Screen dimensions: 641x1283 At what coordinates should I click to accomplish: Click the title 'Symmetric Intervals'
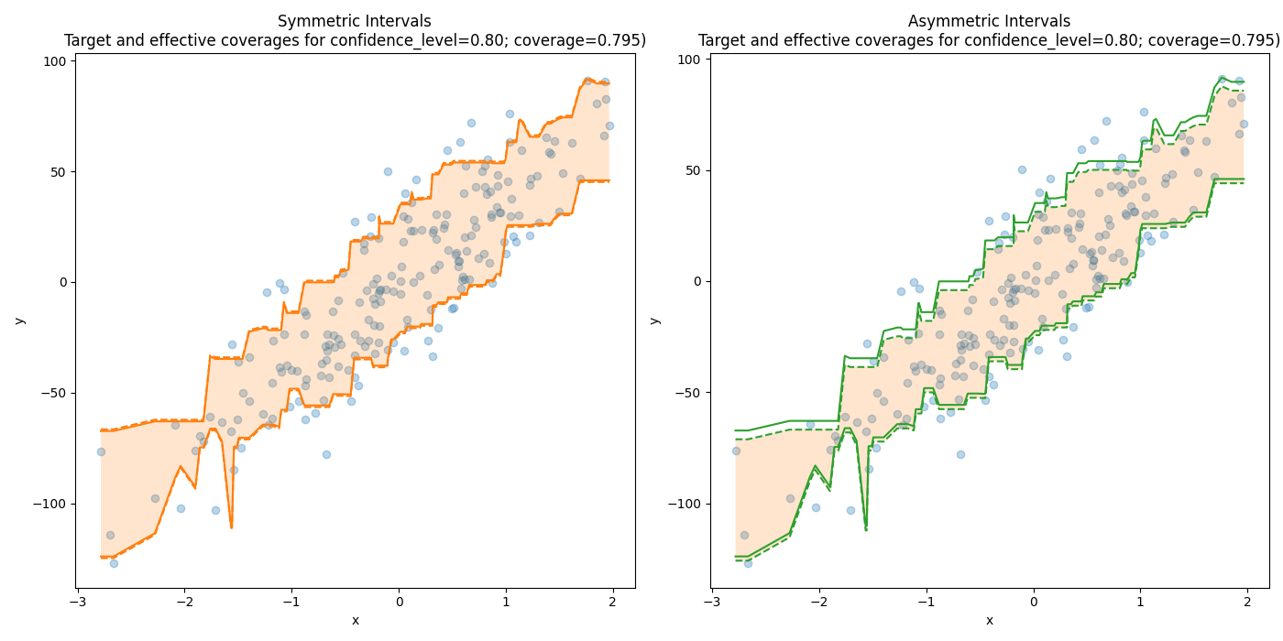(x=354, y=21)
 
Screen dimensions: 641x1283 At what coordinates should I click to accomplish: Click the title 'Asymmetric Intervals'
(x=989, y=21)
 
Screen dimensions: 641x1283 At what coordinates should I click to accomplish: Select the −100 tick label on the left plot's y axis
(x=51, y=505)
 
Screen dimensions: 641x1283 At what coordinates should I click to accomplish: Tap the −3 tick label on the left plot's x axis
(x=78, y=602)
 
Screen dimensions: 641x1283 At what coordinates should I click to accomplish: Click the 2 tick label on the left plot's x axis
(x=612, y=602)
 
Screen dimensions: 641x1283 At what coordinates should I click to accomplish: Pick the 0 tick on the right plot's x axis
(x=1033, y=602)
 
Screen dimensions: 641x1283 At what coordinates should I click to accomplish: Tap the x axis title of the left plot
(x=355, y=621)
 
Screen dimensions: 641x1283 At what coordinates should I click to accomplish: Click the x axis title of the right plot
(x=989, y=621)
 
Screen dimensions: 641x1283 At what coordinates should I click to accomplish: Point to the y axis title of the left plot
(x=19, y=320)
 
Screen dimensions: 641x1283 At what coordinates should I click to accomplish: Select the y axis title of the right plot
(x=654, y=320)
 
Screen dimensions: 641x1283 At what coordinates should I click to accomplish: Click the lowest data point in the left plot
(x=114, y=563)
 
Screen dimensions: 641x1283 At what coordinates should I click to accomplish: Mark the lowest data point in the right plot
(x=748, y=563)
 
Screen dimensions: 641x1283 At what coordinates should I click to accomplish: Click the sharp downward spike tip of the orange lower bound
(x=231, y=527)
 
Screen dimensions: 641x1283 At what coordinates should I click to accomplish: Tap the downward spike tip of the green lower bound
(x=865, y=529)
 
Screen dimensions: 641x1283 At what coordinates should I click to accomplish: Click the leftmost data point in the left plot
(x=101, y=451)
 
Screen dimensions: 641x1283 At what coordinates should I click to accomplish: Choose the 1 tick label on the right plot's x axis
(x=1140, y=602)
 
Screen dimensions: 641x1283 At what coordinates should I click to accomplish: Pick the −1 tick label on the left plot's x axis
(x=291, y=602)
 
